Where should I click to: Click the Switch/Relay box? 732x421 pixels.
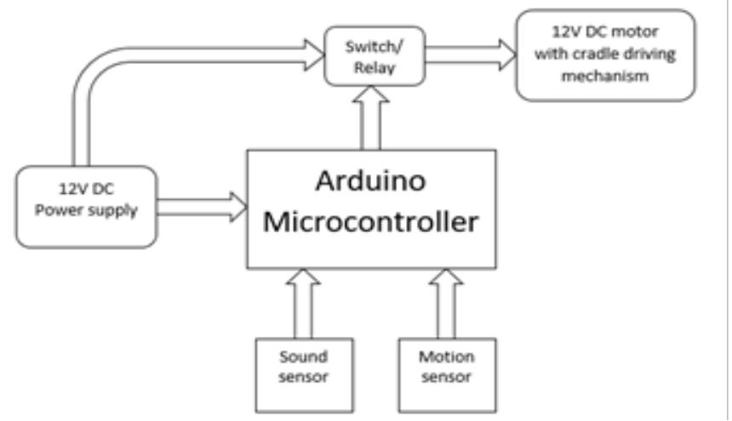pyautogui.click(x=374, y=55)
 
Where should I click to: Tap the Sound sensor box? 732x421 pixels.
pyautogui.click(x=303, y=374)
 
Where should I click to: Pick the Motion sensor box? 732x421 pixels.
pyautogui.click(x=446, y=374)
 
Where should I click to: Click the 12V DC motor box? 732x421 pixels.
pyautogui.click(x=604, y=55)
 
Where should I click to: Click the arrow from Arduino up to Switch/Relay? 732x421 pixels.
pyautogui.click(x=374, y=119)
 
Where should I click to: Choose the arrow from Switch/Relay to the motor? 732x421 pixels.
pyautogui.click(x=468, y=55)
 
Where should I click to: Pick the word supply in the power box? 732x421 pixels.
pyautogui.click(x=115, y=211)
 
